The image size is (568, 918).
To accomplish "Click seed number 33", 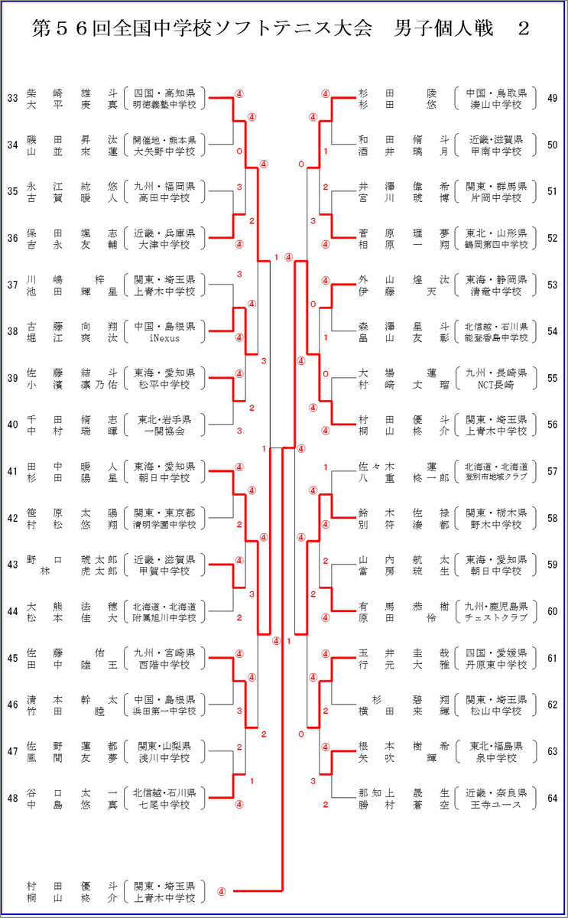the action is (13, 99).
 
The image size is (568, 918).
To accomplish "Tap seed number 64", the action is (552, 799).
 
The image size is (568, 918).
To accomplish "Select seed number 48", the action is (13, 799).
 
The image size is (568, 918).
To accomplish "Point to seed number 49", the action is (552, 99).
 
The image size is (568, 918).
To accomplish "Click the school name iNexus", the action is (164, 338).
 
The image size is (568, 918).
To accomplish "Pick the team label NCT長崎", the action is (495, 385).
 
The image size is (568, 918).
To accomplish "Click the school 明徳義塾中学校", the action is (164, 105).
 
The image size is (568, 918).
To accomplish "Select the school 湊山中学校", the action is (495, 105).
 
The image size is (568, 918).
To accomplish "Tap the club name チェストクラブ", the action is (495, 617).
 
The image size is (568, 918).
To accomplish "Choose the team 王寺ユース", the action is (495, 805).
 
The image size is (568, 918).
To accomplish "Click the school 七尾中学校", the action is (164, 805).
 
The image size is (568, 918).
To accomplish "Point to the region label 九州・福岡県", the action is (164, 187).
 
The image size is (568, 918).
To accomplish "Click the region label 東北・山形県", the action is (495, 233).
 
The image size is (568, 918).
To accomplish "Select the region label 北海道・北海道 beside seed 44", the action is (164, 606).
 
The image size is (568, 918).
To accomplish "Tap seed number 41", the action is (13, 472).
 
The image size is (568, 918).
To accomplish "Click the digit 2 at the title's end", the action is (524, 29).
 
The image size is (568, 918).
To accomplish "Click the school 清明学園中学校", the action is (164, 525).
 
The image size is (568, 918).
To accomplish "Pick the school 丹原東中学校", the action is (495, 664).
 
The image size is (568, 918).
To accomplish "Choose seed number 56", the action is (552, 425).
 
